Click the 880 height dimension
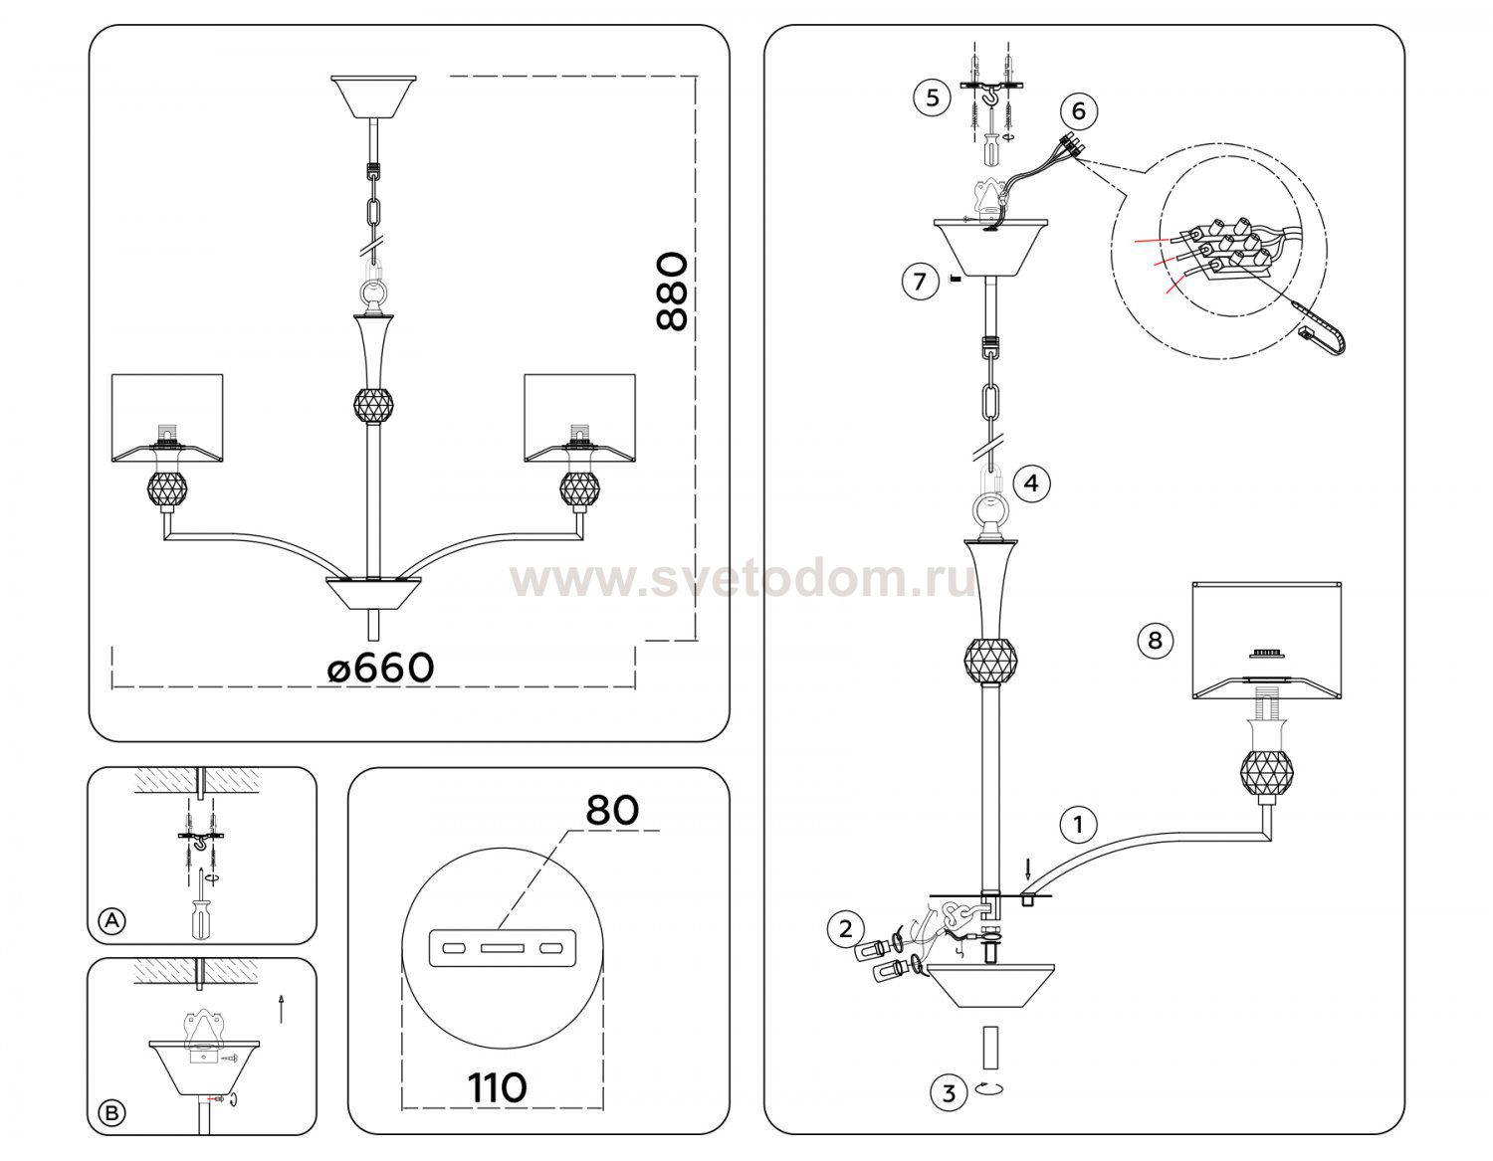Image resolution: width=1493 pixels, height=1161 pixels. (671, 291)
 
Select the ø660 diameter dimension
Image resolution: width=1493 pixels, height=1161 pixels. (380, 668)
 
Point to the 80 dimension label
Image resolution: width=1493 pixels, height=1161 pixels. (612, 810)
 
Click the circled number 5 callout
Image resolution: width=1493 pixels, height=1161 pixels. (932, 97)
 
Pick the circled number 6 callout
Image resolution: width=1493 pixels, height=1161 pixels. (1078, 110)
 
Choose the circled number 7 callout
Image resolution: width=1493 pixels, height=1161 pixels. (920, 281)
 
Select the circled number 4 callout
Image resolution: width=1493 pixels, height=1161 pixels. (1031, 484)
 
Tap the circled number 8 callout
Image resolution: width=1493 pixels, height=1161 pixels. (1155, 641)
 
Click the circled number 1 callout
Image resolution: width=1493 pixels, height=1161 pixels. (1078, 824)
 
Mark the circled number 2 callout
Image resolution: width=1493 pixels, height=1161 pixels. (846, 929)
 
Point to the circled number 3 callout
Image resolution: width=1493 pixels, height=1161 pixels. (949, 1092)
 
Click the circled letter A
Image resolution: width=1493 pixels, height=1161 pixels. (112, 920)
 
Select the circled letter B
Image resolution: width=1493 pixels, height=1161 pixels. (112, 1113)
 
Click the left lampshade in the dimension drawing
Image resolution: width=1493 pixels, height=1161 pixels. (167, 418)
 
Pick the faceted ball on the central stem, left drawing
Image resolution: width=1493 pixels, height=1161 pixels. (373, 405)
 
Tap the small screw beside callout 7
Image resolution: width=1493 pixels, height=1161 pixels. (953, 279)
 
